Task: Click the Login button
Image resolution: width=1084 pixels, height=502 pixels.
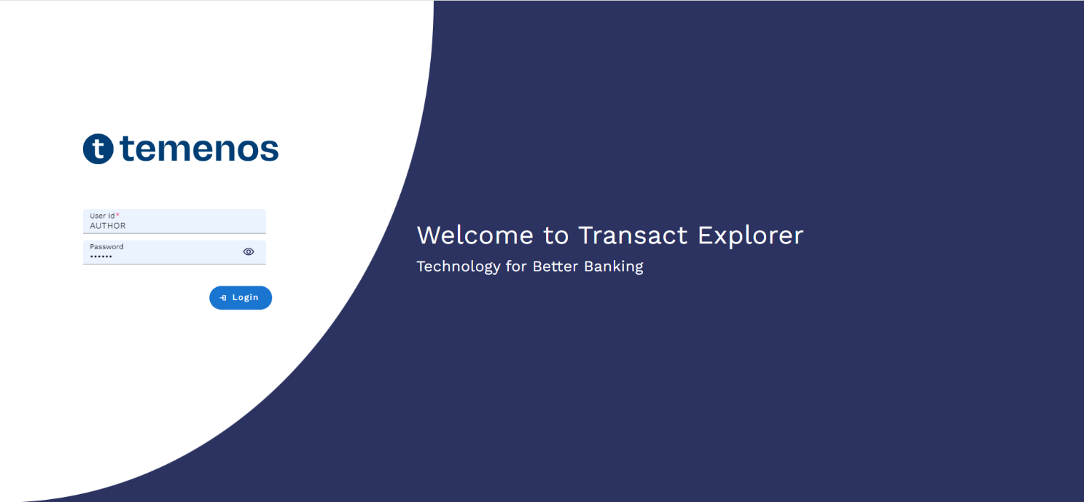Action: coord(241,297)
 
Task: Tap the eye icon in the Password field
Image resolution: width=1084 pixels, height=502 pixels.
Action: coord(249,251)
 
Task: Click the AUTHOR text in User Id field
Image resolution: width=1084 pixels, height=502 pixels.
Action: coord(107,226)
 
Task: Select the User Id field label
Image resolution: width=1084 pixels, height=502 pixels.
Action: coord(102,216)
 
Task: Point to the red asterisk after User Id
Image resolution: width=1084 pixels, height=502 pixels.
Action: coord(117,215)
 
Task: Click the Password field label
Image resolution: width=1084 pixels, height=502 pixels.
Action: coord(106,247)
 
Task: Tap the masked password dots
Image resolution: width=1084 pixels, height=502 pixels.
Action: coord(101,256)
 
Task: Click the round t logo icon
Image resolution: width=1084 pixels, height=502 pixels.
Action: coord(98,149)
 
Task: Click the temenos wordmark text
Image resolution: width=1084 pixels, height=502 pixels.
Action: coord(199,148)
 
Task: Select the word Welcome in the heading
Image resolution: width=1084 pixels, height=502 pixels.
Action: coord(475,235)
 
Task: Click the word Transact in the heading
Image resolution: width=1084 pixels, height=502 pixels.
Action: coord(633,235)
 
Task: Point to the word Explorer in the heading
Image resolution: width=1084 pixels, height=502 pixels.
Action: coord(750,236)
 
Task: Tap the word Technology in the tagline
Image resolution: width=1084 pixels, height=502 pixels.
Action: coord(459,267)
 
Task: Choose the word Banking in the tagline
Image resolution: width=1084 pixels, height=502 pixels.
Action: coord(614,267)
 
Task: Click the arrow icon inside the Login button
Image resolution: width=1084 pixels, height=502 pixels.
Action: coord(223,298)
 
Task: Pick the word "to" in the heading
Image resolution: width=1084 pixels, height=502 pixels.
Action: coord(555,236)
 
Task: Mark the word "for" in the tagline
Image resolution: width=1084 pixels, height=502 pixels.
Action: coord(516,267)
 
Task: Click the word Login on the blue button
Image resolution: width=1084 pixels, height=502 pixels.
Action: coord(246,297)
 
